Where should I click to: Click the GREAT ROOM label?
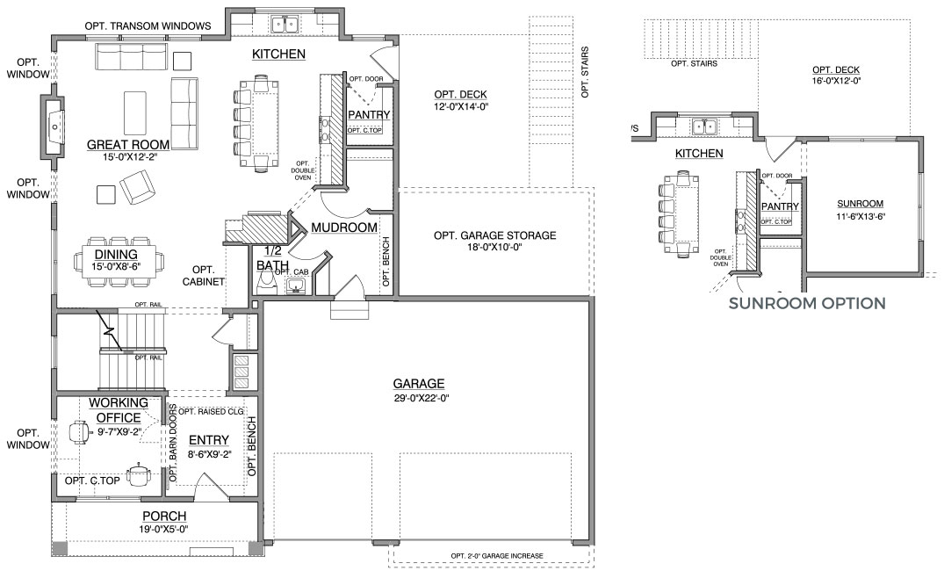click(x=128, y=144)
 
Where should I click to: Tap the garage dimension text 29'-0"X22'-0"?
click(x=422, y=398)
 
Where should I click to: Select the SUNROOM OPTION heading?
click(x=807, y=303)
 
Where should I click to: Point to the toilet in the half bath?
click(x=264, y=282)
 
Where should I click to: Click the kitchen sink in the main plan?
click(x=285, y=25)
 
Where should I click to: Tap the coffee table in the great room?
click(x=135, y=113)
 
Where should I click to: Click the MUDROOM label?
click(x=344, y=228)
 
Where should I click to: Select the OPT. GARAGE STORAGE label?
click(x=495, y=235)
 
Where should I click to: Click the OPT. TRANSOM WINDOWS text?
click(x=148, y=25)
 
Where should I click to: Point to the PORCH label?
click(x=164, y=516)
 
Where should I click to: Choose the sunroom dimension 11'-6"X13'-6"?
click(x=861, y=217)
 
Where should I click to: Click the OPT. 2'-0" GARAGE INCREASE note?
click(x=497, y=556)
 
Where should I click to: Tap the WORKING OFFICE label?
click(x=119, y=410)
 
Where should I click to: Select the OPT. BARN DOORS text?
click(x=173, y=443)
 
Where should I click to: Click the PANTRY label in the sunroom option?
click(x=780, y=206)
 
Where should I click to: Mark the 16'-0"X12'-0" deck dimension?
click(x=836, y=80)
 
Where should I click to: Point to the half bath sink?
click(x=296, y=285)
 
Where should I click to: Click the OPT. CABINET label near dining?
click(x=204, y=276)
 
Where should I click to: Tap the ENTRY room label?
click(x=209, y=440)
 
